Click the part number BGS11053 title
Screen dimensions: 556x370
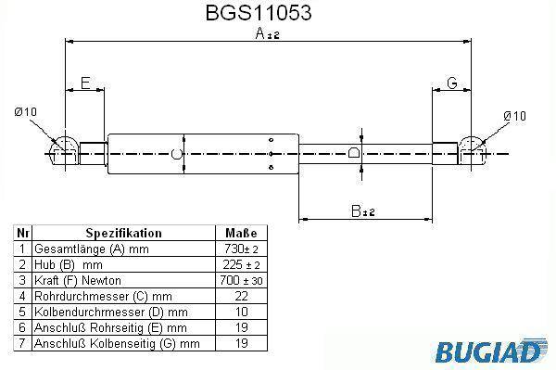(259, 13)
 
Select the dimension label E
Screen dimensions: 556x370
(85, 83)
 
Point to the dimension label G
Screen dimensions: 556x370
(452, 83)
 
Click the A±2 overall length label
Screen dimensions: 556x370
(268, 34)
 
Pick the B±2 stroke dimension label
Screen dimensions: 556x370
(362, 211)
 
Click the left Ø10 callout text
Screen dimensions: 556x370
(25, 112)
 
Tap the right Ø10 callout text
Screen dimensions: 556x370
(514, 116)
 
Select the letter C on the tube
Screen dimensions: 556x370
(177, 154)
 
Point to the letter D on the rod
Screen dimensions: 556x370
(354, 152)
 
